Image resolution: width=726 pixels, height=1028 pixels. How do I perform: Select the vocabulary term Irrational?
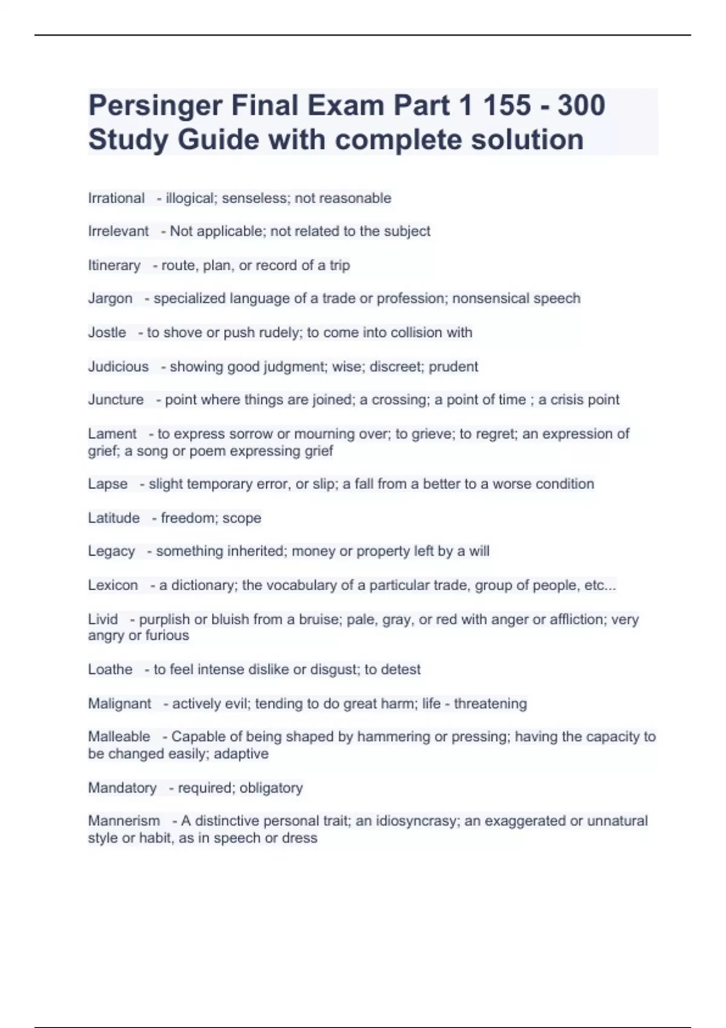point(116,198)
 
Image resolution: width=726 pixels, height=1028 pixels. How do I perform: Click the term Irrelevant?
point(118,231)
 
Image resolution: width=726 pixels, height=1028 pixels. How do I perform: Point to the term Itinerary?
point(114,265)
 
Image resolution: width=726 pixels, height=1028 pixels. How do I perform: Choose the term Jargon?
point(110,299)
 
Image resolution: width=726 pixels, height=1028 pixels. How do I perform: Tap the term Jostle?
point(107,333)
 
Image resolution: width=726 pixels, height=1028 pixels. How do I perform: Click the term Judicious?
point(118,366)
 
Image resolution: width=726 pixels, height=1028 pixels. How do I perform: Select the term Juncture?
point(116,400)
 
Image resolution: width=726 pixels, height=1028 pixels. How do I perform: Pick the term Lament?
point(112,434)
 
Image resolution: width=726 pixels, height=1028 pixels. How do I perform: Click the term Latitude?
point(114,518)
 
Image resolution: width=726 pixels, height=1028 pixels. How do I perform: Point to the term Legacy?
point(111,551)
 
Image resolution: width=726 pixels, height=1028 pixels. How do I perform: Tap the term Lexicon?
point(113,585)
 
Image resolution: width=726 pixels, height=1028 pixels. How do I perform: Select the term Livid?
point(103,619)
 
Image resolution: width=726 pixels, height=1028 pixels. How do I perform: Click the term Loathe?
point(110,669)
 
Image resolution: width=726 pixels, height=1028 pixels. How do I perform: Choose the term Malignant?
point(119,704)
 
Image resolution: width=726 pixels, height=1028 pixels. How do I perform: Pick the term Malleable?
point(119,737)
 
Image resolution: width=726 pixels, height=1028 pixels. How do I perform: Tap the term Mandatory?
point(122,788)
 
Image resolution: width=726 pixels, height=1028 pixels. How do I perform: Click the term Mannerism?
point(123,821)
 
